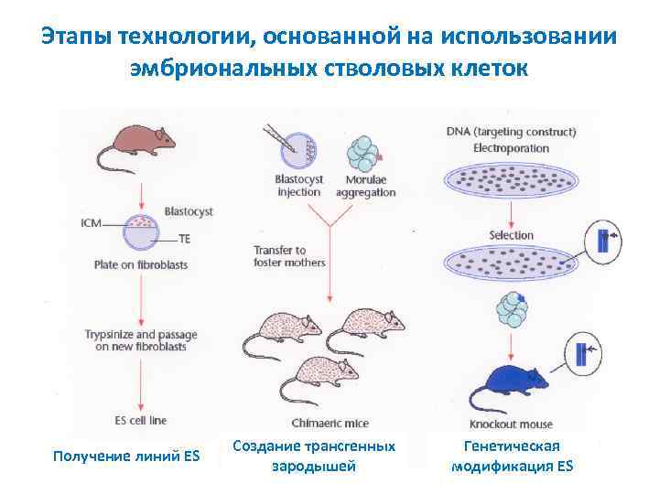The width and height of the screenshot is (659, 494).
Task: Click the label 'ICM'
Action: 92,221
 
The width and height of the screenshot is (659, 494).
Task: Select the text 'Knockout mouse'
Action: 509,424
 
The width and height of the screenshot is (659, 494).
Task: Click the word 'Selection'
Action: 511,235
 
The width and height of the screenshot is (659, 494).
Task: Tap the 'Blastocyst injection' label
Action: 298,187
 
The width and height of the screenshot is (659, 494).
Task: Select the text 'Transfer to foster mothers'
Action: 288,256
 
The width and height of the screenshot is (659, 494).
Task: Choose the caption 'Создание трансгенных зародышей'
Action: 314,456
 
